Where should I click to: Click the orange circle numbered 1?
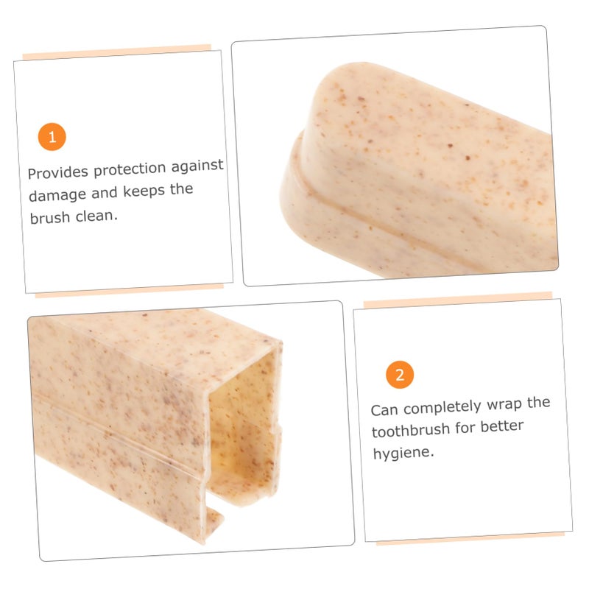(52, 137)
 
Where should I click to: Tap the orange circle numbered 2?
(400, 375)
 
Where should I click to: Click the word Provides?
(58, 172)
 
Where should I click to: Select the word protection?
(130, 169)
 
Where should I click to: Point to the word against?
(197, 166)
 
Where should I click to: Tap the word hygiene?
(403, 454)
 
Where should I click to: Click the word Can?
(384, 410)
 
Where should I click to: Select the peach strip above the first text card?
(117, 52)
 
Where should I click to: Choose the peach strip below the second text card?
(470, 538)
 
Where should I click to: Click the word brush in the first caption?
(50, 217)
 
